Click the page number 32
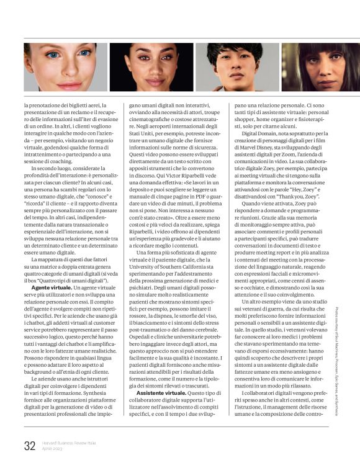[x=29, y=446]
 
